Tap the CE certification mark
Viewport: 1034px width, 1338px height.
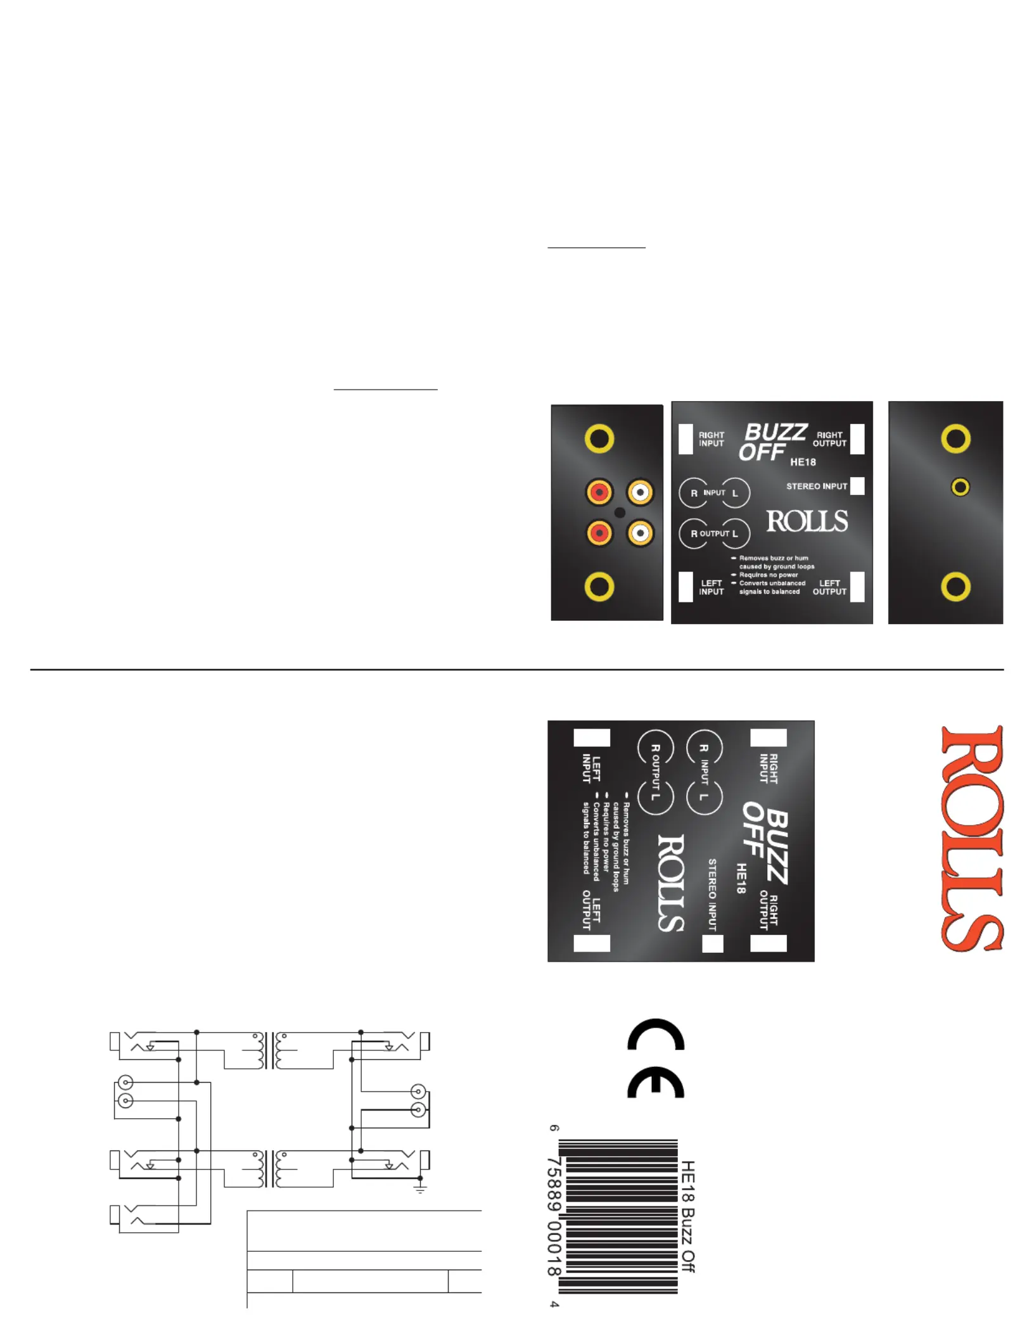pos(656,1059)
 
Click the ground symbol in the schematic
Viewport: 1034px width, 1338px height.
pos(419,1188)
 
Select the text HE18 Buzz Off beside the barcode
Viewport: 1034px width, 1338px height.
pos(688,1216)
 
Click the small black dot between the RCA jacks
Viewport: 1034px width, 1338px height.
pos(620,513)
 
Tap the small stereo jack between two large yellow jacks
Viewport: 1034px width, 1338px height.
pos(961,487)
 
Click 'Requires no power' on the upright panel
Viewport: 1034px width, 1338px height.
pos(768,575)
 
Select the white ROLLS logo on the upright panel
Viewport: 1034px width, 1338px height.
pos(807,521)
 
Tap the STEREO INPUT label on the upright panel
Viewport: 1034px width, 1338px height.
pos(816,487)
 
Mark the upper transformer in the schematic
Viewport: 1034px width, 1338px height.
pos(270,1051)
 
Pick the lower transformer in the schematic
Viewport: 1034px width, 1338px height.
pos(270,1169)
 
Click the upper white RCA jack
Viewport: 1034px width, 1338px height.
pos(640,492)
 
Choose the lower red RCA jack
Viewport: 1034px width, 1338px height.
pos(599,533)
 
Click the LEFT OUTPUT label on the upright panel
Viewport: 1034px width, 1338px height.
pos(829,587)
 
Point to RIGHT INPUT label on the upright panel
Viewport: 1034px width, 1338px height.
pos(711,439)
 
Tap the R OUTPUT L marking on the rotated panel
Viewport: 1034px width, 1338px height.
pos(655,772)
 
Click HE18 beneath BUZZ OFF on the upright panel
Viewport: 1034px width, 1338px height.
pos(803,462)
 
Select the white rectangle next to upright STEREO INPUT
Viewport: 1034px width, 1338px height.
pos(857,486)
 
